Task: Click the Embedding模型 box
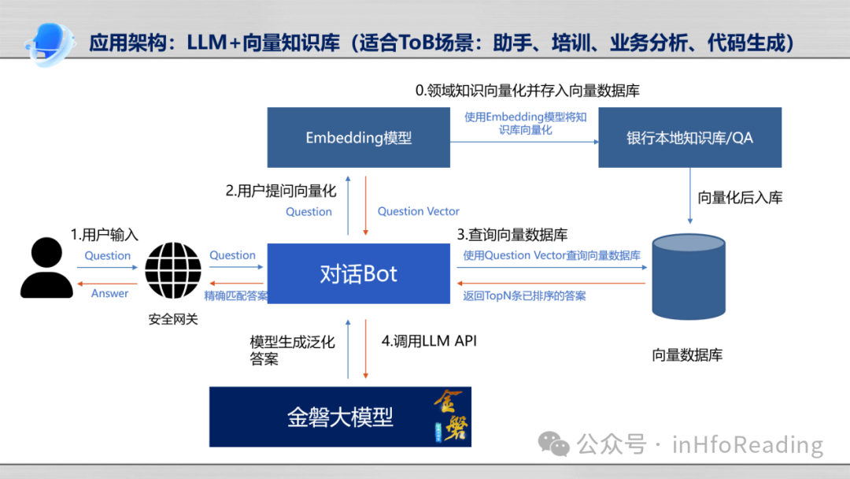[358, 138]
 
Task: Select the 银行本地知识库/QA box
[689, 138]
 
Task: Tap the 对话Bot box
[358, 274]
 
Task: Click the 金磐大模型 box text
[339, 417]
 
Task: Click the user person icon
[46, 269]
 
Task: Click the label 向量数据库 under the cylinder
[687, 355]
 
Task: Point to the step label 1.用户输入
[104, 235]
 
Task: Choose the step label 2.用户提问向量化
[280, 191]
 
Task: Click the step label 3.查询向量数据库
[512, 235]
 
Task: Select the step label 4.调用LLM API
[429, 341]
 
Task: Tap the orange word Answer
[109, 293]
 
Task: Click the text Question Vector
[418, 211]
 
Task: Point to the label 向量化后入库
[740, 198]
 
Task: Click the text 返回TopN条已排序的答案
[524, 296]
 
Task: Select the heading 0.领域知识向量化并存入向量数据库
[527, 91]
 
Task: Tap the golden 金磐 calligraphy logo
[449, 416]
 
